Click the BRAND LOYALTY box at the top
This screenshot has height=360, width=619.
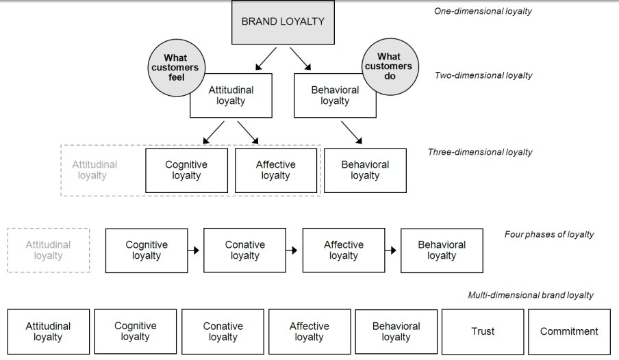point(283,22)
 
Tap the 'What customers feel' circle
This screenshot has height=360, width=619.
point(175,68)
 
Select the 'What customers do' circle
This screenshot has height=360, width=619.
point(388,66)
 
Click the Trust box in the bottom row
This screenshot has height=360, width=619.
point(483,331)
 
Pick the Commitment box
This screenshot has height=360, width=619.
point(569,331)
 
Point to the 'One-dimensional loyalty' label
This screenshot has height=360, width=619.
point(483,11)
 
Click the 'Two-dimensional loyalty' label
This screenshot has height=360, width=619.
point(483,75)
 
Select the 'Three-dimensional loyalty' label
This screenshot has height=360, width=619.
point(480,152)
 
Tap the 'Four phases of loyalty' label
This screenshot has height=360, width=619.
point(549,234)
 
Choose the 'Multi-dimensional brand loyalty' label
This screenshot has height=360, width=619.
point(531,295)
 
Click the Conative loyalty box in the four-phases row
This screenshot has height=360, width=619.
point(244,250)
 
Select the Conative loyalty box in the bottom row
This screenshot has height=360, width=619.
point(223,331)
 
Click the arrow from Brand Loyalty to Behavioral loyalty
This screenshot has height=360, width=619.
point(301,59)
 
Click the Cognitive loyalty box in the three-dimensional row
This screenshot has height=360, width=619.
point(186,170)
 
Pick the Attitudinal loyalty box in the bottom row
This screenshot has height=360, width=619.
point(48,331)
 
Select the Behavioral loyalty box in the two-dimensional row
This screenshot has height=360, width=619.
point(334,95)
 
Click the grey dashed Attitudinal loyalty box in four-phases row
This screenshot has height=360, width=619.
point(48,250)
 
